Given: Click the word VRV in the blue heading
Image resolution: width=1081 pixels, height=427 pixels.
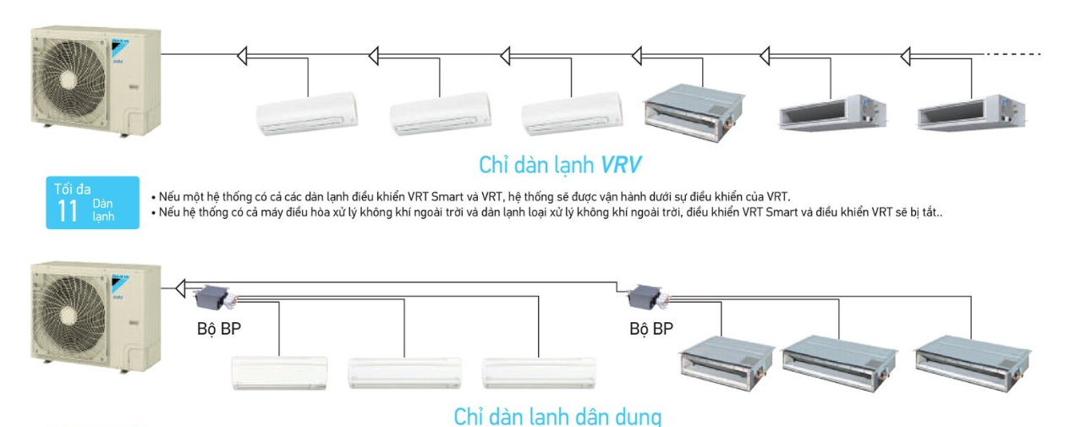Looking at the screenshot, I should (x=622, y=163).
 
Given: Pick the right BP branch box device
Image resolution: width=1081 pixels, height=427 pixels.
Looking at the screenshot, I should (x=646, y=296).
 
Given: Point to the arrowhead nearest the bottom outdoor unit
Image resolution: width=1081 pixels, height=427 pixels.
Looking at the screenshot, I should (x=180, y=289).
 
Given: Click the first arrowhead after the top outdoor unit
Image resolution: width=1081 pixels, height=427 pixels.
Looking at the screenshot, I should (x=241, y=56).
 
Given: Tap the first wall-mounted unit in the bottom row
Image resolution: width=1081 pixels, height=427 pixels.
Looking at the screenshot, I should (x=279, y=371).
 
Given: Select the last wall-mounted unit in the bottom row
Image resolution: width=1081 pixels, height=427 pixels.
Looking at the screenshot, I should (x=539, y=371).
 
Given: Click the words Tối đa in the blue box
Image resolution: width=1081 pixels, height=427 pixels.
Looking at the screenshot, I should (x=72, y=189).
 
